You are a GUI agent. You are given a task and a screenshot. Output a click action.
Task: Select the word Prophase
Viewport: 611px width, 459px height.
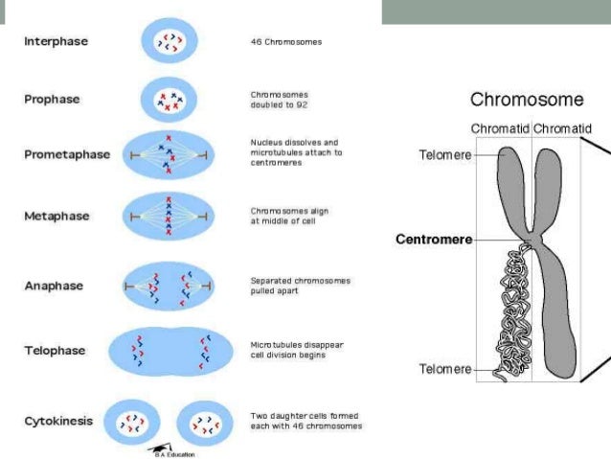point(52,99)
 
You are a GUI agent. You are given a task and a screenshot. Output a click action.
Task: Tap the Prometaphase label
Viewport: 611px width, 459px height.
point(67,154)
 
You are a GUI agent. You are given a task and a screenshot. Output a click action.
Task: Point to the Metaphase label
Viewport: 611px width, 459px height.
point(57,216)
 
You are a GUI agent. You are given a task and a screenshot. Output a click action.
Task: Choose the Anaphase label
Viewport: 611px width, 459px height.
point(55,286)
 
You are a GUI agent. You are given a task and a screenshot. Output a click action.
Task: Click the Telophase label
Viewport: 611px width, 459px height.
point(55,351)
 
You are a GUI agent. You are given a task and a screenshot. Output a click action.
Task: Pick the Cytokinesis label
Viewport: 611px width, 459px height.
point(60,421)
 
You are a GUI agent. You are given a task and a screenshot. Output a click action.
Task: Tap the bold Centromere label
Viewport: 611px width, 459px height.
point(433,240)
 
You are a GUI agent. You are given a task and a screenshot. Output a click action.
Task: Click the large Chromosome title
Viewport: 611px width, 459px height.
point(525,100)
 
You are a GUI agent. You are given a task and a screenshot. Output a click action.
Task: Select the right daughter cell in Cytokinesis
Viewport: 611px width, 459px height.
point(203,423)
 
